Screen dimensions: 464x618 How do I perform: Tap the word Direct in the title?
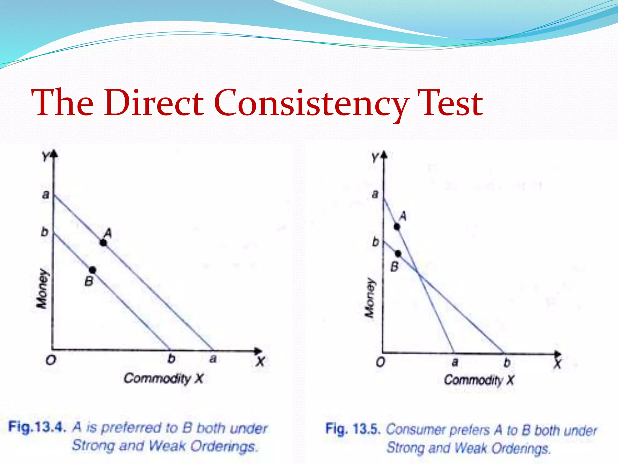(154, 103)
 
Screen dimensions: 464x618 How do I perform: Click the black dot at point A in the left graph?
(104, 243)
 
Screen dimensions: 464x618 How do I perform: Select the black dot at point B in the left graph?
(93, 270)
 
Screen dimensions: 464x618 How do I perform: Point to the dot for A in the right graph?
(397, 227)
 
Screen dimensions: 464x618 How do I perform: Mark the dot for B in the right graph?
(398, 253)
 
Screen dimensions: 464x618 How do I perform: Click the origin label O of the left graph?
(51, 360)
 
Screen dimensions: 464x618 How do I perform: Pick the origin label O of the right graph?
(381, 362)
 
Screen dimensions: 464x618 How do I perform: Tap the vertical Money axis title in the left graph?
(42, 288)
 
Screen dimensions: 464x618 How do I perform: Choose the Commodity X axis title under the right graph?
(479, 380)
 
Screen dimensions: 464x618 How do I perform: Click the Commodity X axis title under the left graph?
(164, 378)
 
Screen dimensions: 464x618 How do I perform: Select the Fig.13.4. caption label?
(37, 427)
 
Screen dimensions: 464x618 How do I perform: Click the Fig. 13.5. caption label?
(352, 429)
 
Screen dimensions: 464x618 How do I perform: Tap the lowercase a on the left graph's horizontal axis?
(213, 359)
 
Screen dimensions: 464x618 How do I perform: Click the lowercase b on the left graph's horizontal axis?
(171, 359)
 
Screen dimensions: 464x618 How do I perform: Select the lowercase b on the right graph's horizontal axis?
(507, 362)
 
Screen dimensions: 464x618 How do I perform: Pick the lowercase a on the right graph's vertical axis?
(375, 194)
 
